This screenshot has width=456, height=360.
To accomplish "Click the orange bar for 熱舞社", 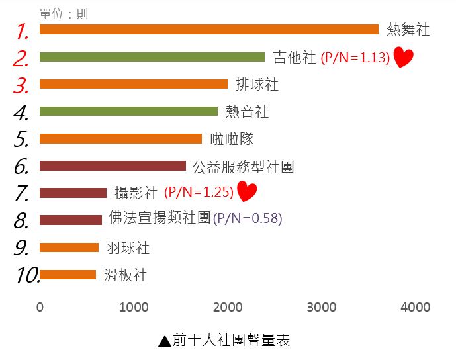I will (208, 29).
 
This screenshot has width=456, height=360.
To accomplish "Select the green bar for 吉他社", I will (152, 57).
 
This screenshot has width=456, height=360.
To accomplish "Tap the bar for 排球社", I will (133, 84).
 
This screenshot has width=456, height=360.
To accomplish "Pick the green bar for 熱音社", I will (128, 111).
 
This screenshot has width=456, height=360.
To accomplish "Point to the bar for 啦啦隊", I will (120, 138).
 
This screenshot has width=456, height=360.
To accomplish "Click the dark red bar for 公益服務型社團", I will (113, 165).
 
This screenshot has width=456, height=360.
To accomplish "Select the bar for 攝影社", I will (73, 193).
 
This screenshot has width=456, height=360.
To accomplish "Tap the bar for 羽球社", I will (69, 247).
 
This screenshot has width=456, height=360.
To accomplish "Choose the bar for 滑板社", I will (68, 275).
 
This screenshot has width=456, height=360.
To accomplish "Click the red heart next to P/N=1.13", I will (403, 58).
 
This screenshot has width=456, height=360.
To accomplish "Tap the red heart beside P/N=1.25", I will (246, 192).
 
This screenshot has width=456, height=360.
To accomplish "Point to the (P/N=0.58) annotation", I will (248, 218).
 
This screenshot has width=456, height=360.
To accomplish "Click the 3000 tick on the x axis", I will (322, 307).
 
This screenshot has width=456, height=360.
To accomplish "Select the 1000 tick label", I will (134, 307).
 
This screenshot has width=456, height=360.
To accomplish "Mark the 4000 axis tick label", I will (416, 307).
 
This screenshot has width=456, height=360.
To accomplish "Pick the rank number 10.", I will (26, 275).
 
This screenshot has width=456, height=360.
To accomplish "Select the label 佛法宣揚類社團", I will (160, 217).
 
